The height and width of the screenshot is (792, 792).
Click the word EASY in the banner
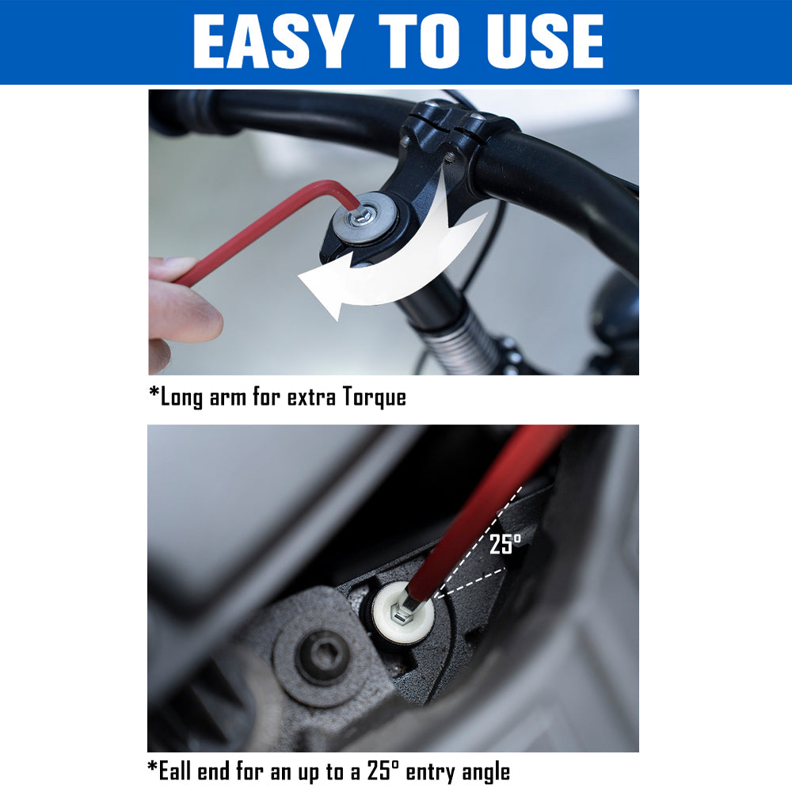click(273, 41)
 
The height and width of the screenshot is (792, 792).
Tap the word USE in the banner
click(545, 41)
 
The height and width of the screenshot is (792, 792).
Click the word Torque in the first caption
click(375, 397)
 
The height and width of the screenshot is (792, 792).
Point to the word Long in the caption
click(181, 398)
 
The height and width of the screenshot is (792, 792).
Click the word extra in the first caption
click(311, 398)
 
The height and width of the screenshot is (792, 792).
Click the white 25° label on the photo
click(505, 544)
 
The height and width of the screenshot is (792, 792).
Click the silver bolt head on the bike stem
click(364, 216)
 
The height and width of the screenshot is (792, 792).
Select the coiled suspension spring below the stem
click(459, 338)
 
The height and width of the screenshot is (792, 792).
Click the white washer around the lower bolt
click(404, 613)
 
